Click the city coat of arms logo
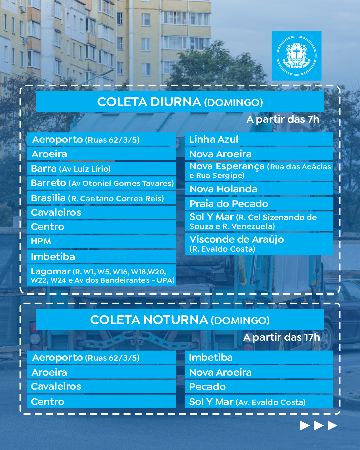296,56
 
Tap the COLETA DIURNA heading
180,102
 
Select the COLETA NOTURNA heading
180,320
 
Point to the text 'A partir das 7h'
283,119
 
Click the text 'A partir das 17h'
281,337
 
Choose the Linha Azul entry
214,139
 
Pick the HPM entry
41,241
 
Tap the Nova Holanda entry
223,189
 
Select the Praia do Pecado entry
229,204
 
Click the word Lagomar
51,271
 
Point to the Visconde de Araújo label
237,239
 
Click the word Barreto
49,183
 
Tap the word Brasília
48,198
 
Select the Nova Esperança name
227,166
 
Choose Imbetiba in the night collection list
211,357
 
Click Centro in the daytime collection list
48,227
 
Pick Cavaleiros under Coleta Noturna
56,386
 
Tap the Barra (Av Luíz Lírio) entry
71,169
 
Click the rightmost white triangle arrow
332,426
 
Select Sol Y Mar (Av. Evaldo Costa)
247,402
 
